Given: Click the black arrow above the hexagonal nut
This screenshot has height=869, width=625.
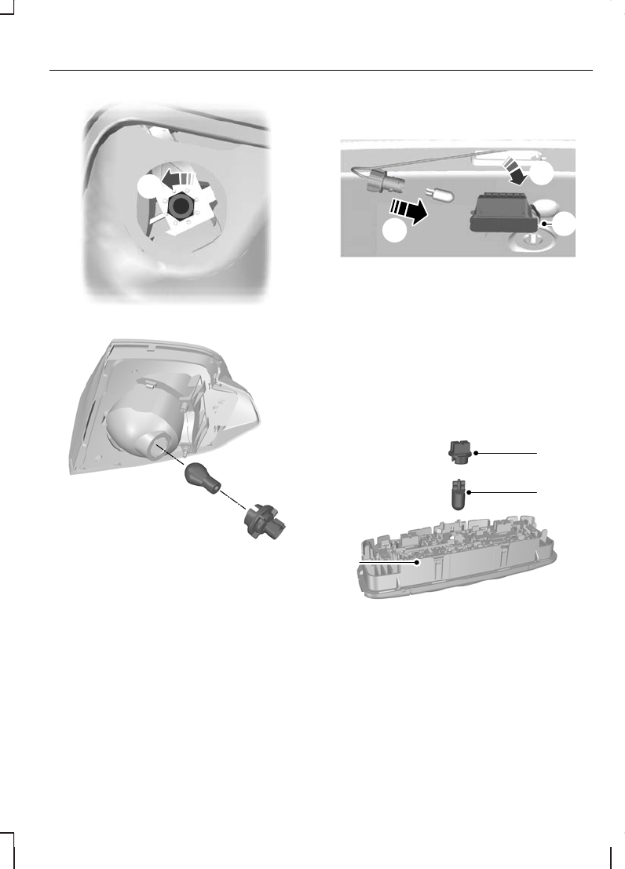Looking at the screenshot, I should click(x=177, y=178).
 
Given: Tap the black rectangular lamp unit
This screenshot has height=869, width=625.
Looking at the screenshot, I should click(x=502, y=210).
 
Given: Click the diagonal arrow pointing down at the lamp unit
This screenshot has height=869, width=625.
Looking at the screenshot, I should click(x=517, y=170).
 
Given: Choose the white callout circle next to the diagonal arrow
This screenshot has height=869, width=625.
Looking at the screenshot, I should click(x=545, y=176).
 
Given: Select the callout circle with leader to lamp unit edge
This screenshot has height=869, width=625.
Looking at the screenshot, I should click(x=564, y=224).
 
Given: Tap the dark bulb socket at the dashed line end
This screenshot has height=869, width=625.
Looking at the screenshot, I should click(x=263, y=520).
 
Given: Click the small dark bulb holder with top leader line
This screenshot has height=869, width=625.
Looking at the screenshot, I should click(x=458, y=453).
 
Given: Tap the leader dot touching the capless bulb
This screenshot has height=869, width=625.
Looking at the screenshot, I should click(x=469, y=492).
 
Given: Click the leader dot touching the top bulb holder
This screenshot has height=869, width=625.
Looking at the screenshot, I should click(x=476, y=453).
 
